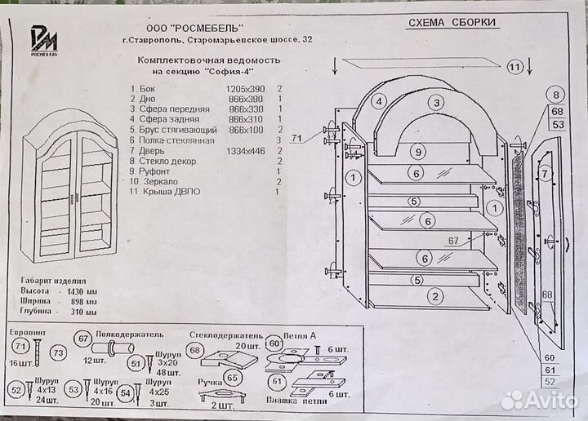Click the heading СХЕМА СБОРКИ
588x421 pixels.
[x=451, y=24]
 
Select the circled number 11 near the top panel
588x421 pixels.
[x=514, y=67]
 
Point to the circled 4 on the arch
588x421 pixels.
[x=378, y=102]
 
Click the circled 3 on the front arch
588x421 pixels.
[x=438, y=102]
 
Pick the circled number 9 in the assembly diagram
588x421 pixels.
[x=417, y=152]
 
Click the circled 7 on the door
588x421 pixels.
[x=547, y=174]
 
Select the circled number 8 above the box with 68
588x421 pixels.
[x=557, y=95]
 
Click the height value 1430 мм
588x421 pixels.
[x=80, y=290]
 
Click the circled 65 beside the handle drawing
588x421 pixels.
[x=232, y=379]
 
